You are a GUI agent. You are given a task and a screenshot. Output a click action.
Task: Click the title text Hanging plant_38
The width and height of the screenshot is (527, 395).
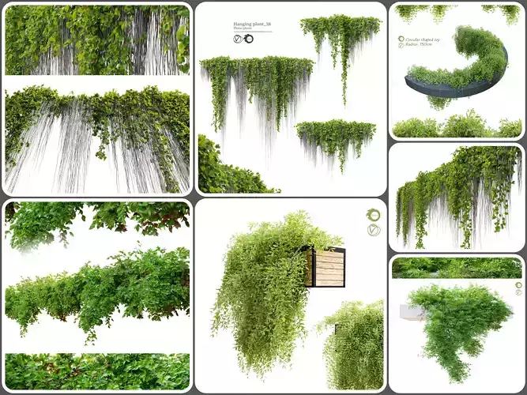point(252,24)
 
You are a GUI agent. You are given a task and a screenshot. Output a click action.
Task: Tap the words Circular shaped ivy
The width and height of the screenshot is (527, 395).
point(422,37)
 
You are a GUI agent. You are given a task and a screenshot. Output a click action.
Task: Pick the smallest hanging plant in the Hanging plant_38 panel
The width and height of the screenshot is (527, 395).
point(335,138)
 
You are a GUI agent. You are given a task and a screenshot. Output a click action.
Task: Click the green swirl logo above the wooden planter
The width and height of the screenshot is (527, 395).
point(373,215)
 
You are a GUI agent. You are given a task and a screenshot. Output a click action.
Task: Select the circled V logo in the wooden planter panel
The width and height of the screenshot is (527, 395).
point(373,230)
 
